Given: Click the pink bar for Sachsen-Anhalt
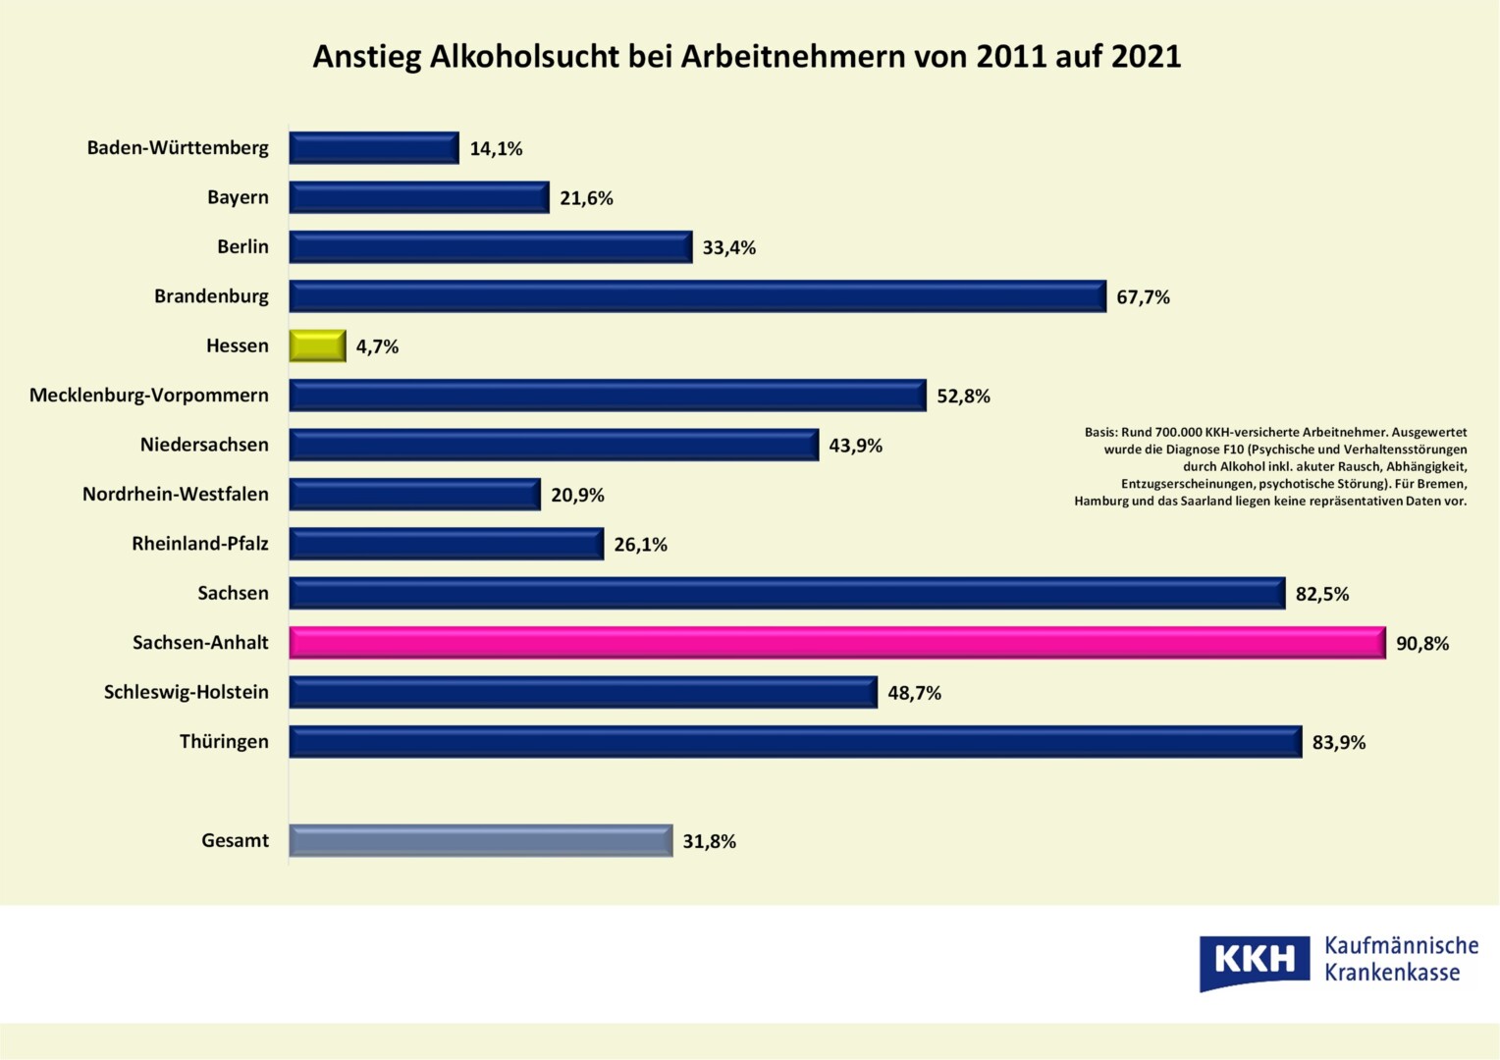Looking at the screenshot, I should pos(836,643).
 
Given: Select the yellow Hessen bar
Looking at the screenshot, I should pos(317,345).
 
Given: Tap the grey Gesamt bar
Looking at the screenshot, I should pos(480,840).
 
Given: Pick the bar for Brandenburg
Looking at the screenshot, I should pos(697,296).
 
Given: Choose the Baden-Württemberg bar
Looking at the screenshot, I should pos(373,148).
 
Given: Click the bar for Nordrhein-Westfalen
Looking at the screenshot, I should pos(414,495).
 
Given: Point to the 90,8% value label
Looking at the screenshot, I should pos(1422,644).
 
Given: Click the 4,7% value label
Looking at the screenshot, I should pos(377,346).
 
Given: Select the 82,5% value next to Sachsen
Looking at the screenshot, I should pos(1321,594).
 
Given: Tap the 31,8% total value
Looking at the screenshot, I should pos(709,841).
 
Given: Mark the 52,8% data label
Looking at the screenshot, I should pos(963,397).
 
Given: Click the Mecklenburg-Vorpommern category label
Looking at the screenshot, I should pos(149,396).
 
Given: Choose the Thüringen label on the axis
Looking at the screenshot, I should pos(224,741).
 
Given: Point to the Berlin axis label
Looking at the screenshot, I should pos(242,246).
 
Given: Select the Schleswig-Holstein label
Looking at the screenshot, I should pos(187,692).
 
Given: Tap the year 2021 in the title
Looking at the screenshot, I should pos(1146,57).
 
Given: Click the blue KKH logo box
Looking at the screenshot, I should pos(1254,960).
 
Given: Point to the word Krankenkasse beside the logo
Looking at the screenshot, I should pos(1392,973).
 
